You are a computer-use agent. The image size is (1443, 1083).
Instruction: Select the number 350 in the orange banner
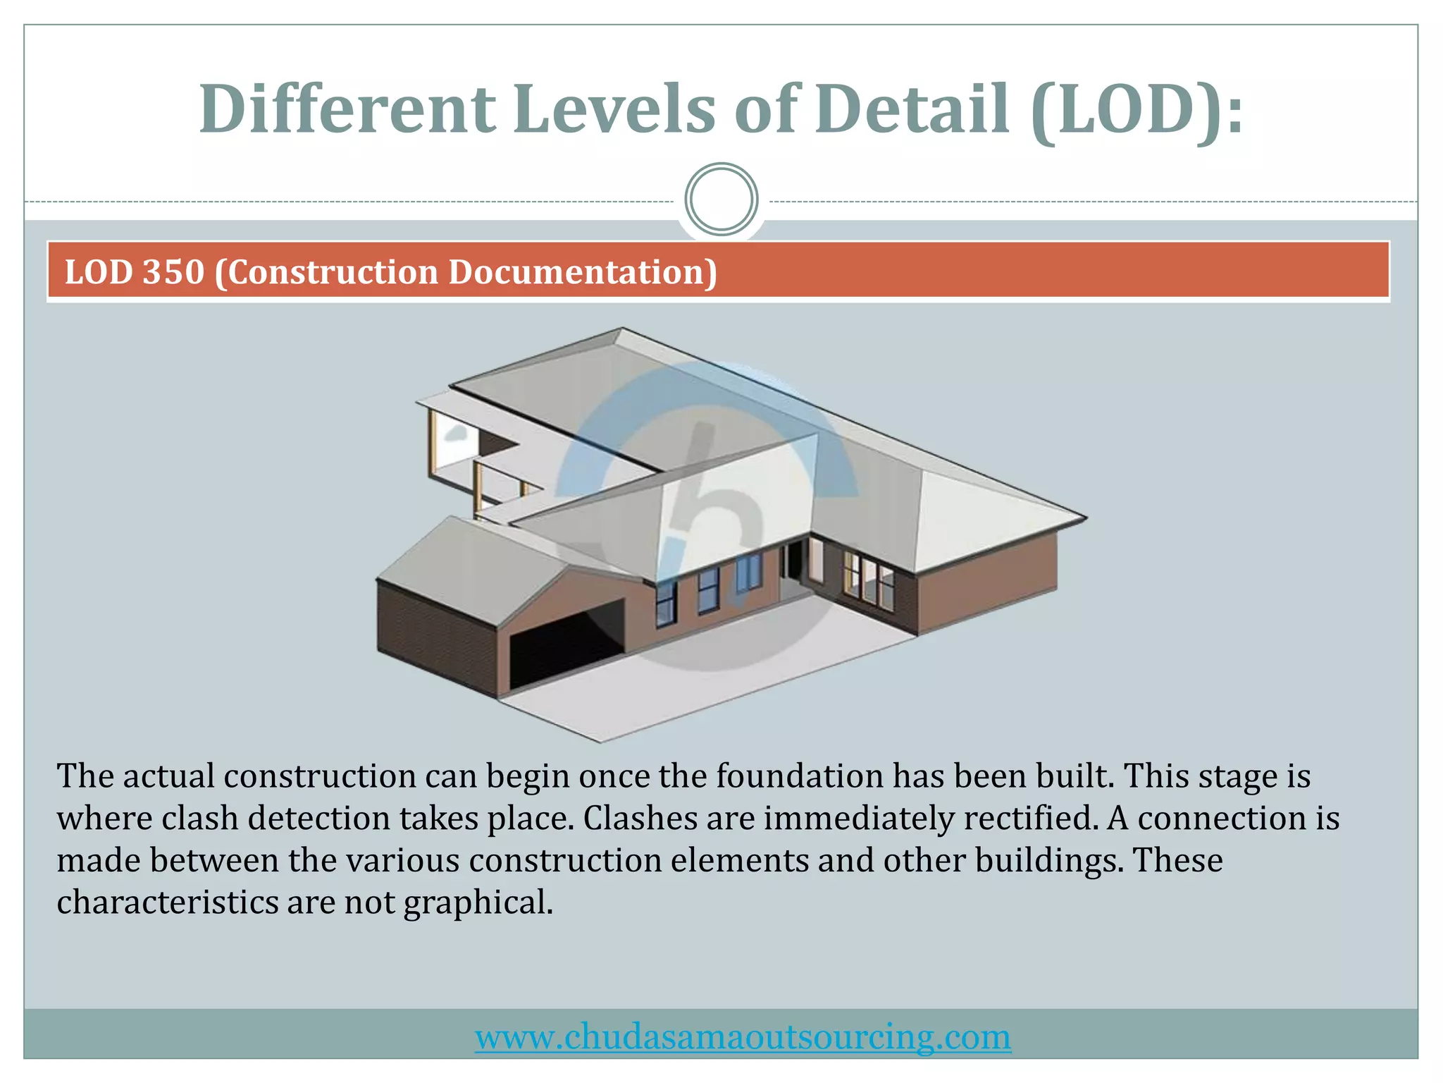click(173, 272)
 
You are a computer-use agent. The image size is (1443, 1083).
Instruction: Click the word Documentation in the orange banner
click(583, 272)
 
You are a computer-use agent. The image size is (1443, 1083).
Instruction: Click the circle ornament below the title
click(721, 200)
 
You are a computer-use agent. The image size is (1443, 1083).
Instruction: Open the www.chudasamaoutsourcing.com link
click(743, 1036)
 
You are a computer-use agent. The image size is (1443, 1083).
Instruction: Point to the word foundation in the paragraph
click(800, 776)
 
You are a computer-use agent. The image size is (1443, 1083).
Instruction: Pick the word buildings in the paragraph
click(1049, 861)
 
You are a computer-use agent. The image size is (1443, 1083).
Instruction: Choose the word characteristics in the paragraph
click(168, 903)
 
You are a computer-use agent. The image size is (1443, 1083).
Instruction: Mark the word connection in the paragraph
click(1222, 819)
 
